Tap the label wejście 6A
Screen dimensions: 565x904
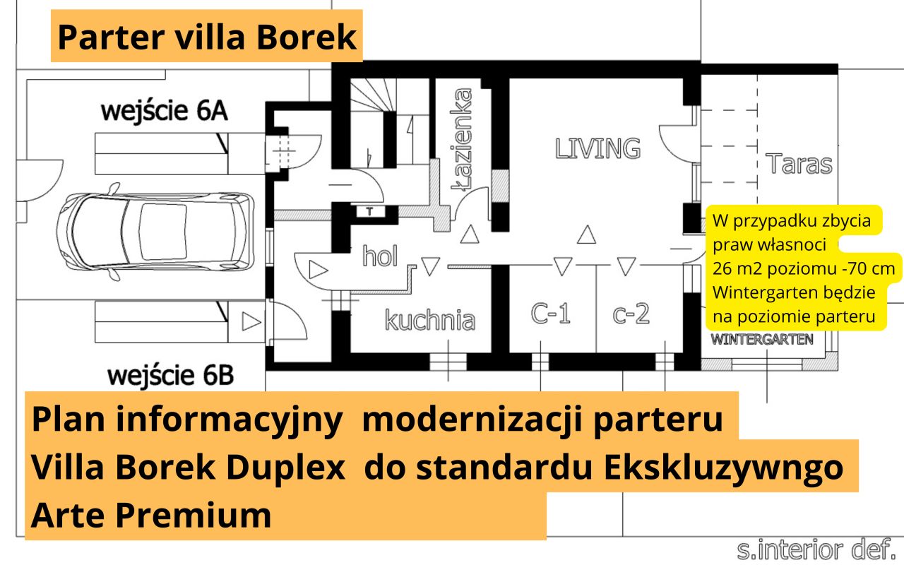coord(165,112)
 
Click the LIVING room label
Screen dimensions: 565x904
coord(597,148)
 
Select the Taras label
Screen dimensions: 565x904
coord(799,164)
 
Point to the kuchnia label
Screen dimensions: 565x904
coord(429,320)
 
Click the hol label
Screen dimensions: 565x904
coord(380,256)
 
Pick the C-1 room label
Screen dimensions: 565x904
coord(550,313)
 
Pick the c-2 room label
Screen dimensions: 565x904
coord(631,313)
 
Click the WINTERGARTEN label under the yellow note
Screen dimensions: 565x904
coord(761,340)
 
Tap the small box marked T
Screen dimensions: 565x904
coord(370,210)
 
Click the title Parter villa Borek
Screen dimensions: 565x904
coord(207,37)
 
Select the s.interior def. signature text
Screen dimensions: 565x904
coord(816,549)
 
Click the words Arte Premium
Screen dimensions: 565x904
coord(151,516)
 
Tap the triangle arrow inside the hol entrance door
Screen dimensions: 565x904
coord(318,269)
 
